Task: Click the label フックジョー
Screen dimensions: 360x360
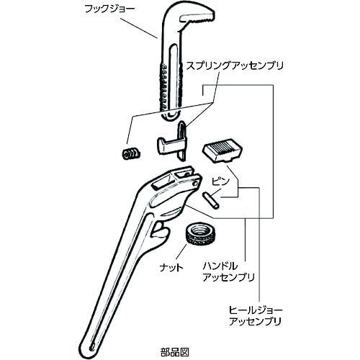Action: [x=110, y=9]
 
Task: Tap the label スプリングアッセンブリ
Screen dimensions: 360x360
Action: [x=235, y=66]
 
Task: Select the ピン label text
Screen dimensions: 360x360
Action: [x=220, y=181]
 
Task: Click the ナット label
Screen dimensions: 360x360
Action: [x=171, y=267]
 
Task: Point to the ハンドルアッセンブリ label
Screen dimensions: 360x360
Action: [x=228, y=272]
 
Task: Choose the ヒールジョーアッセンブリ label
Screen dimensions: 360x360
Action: [x=256, y=315]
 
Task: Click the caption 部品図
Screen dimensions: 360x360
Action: [x=174, y=352]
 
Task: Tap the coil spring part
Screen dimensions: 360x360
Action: [x=130, y=153]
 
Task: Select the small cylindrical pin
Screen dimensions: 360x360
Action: [x=211, y=200]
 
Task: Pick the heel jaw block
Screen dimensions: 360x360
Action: [x=222, y=150]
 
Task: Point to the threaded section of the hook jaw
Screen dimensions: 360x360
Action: [x=163, y=86]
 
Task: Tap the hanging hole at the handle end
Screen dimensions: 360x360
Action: [x=93, y=347]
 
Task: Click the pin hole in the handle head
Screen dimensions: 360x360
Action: [x=194, y=184]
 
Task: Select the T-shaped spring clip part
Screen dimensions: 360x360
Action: [x=172, y=144]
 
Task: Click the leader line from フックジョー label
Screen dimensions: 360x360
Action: [x=138, y=26]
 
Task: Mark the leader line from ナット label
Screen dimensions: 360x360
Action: [x=179, y=253]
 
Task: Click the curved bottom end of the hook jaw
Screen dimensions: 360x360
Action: [x=171, y=117]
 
